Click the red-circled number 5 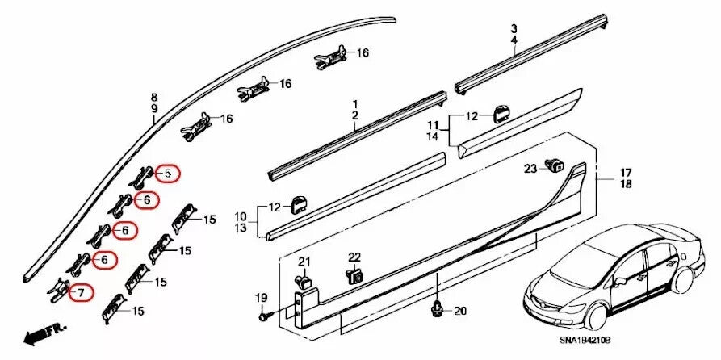click(x=168, y=173)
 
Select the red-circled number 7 click(x=81, y=292)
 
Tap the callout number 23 click(x=530, y=169)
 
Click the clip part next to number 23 click(x=554, y=166)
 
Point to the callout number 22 click(x=354, y=257)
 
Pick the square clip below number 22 click(x=354, y=276)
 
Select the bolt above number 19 click(x=264, y=318)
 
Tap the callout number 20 click(x=460, y=311)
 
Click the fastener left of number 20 click(x=437, y=308)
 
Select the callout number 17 click(x=626, y=173)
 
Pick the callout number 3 click(x=513, y=27)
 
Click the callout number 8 click(x=154, y=97)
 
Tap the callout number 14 click(x=433, y=137)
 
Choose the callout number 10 click(x=241, y=216)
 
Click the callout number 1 click(x=354, y=105)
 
